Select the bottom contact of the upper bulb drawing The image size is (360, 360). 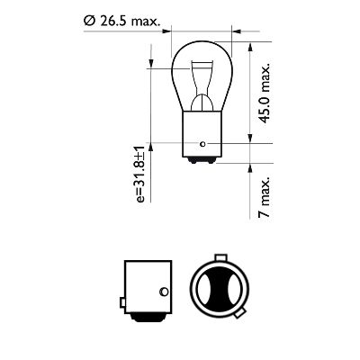pos(199,163)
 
